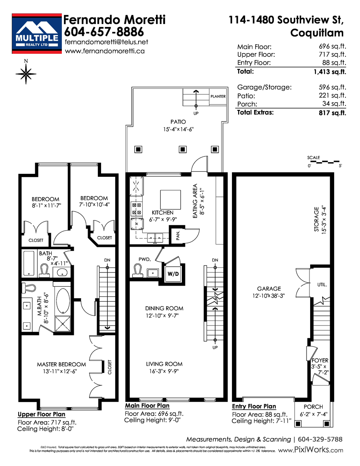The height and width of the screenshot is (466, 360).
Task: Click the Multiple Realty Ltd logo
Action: (x=37, y=33)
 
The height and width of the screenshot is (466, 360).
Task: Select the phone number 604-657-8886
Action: (x=104, y=32)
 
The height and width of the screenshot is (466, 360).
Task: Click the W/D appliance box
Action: (x=173, y=274)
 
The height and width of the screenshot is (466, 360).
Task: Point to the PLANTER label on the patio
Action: (x=218, y=96)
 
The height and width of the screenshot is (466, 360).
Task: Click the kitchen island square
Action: (x=170, y=200)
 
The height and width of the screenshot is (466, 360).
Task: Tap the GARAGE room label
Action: (x=269, y=288)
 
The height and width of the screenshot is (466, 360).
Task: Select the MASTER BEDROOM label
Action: (x=61, y=365)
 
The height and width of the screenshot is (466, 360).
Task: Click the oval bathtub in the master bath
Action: (x=63, y=301)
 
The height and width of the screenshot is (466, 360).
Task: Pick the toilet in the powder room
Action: (x=138, y=271)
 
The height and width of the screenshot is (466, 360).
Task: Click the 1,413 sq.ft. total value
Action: (x=330, y=72)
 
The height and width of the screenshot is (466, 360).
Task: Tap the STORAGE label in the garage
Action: (x=316, y=219)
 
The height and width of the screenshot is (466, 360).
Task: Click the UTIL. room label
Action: (x=322, y=285)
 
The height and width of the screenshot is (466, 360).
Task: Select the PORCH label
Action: (x=313, y=407)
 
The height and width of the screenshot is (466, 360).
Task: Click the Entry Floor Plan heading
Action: (x=254, y=406)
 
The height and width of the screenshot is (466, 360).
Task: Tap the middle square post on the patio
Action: (x=183, y=149)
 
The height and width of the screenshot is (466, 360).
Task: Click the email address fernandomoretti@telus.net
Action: (x=106, y=42)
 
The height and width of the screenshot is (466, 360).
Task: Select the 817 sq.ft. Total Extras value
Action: (x=332, y=113)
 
